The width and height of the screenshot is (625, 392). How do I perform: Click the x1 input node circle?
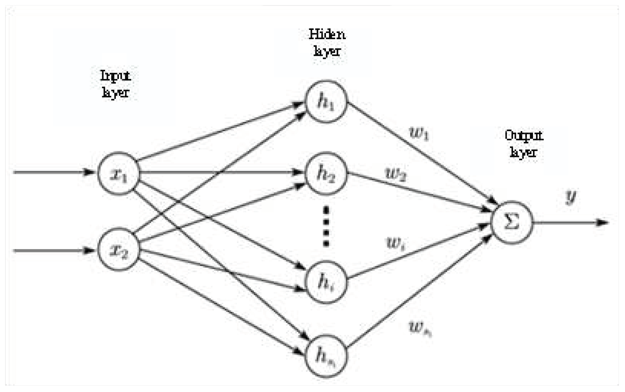[x=119, y=173]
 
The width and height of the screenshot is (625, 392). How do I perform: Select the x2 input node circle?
[x=119, y=249]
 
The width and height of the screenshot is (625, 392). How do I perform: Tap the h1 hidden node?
[x=326, y=101]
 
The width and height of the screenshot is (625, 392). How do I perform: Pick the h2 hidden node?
[x=326, y=174]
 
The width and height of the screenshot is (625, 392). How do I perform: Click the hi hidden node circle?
[x=326, y=282]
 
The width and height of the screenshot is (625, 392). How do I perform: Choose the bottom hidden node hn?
[x=326, y=356]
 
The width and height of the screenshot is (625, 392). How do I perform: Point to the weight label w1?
[x=419, y=134]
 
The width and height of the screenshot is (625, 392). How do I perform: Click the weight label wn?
[x=420, y=329]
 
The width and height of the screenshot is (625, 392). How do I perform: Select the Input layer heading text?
[x=116, y=84]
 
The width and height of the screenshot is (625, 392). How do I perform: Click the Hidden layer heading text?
[x=327, y=43]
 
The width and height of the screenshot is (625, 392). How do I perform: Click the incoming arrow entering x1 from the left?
[x=52, y=172]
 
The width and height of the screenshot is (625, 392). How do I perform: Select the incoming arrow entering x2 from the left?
[x=52, y=251]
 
